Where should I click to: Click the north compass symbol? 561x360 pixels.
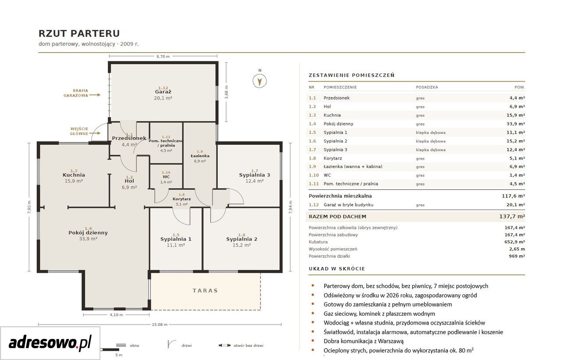pyautogui.click(x=259, y=81)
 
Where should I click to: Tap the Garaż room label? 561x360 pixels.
pyautogui.click(x=163, y=92)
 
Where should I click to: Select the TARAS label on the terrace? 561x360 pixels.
pyautogui.click(x=206, y=291)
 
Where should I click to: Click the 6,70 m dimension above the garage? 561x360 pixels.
pyautogui.click(x=163, y=57)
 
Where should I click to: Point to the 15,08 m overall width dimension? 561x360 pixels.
pyautogui.click(x=160, y=324)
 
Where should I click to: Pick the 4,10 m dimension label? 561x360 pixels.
pyautogui.click(x=117, y=315)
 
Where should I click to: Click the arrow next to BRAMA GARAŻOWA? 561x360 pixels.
pyautogui.click(x=95, y=95)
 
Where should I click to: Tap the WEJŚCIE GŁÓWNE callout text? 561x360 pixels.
pyautogui.click(x=79, y=131)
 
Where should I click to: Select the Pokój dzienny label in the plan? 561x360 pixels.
pyautogui.click(x=88, y=233)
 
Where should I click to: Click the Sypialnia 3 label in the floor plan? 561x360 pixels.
pyautogui.click(x=255, y=175)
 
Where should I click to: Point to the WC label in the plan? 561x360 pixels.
pyautogui.click(x=166, y=177)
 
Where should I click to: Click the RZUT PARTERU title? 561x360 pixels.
pyautogui.click(x=79, y=34)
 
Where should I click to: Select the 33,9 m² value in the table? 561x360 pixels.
pyautogui.click(x=516, y=124)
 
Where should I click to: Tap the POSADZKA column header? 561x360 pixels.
pyautogui.click(x=427, y=87)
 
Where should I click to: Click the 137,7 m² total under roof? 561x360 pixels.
pyautogui.click(x=512, y=217)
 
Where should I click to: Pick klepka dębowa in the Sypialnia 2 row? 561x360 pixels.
pyautogui.click(x=431, y=141)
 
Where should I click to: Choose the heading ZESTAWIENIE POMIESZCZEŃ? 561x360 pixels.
pyautogui.click(x=352, y=75)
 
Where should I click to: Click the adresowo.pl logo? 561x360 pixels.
pyautogui.click(x=50, y=342)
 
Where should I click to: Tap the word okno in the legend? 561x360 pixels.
pyautogui.click(x=135, y=346)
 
